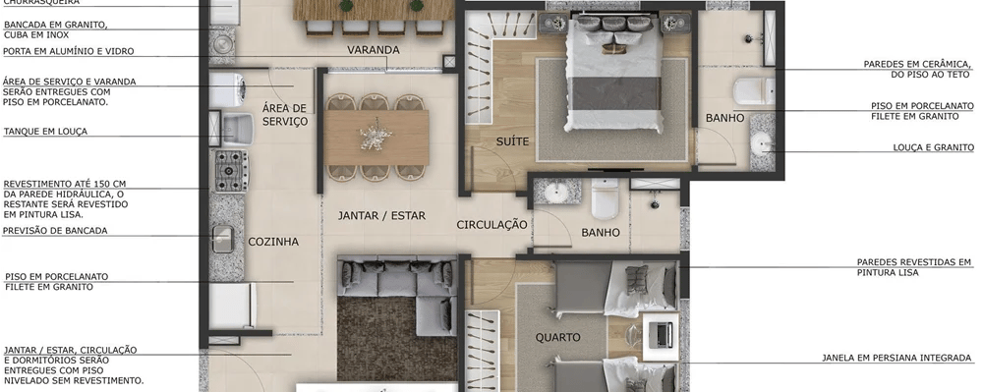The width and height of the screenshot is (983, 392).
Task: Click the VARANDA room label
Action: coord(373,50)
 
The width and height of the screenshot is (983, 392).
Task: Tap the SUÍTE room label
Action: coord(512,141)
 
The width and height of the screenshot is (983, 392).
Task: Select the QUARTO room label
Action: coord(557,337)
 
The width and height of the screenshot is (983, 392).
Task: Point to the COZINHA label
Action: coord(273,241)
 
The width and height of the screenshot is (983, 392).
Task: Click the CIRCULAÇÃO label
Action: coord(492,224)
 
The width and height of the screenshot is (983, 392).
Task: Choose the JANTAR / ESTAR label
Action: coord(381,215)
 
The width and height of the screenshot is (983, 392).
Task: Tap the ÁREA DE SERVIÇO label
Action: coord(285,115)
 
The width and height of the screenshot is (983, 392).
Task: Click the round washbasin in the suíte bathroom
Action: coord(762,145)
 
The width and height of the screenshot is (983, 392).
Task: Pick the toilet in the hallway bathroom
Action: coord(603,201)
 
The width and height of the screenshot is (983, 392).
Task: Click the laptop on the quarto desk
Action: coord(663,333)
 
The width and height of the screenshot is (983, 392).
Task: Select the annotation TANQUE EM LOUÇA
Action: coord(45,131)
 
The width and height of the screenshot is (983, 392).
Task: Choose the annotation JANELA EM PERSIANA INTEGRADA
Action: coord(896,358)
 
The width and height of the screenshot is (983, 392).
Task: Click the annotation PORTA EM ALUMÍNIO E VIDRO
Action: coord(68,51)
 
